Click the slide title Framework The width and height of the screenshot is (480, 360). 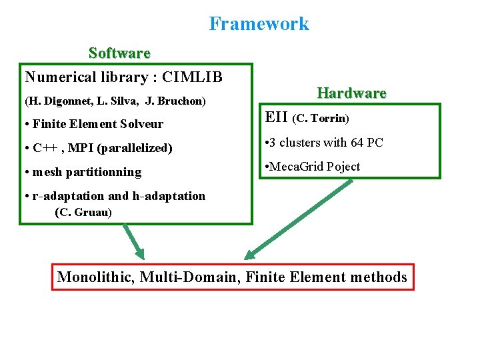click(259, 24)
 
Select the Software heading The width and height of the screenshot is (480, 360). click(119, 53)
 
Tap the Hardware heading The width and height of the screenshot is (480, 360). click(351, 93)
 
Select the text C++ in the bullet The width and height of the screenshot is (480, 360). click(45, 148)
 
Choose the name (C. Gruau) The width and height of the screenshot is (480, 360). click(83, 213)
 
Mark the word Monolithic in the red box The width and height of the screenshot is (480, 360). click(95, 277)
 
